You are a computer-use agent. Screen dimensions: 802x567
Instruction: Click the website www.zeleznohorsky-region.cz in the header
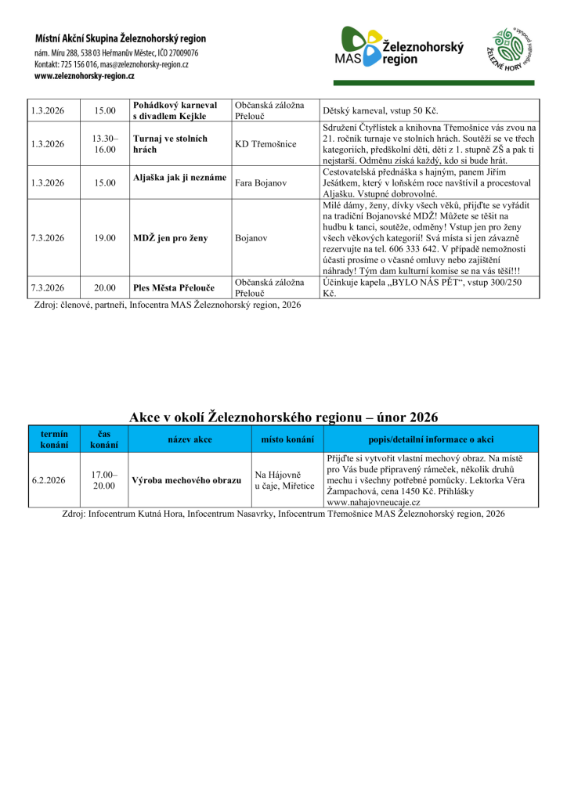(85, 76)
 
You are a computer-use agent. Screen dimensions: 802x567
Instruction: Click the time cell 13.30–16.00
(105, 144)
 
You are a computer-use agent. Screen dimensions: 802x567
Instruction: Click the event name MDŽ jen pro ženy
(171, 238)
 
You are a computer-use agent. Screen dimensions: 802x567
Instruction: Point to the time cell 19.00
(105, 238)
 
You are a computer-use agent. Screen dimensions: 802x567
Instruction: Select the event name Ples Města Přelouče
(174, 287)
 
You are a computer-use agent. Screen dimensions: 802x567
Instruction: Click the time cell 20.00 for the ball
(105, 287)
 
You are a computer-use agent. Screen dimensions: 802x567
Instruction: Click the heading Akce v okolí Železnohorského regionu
(283, 417)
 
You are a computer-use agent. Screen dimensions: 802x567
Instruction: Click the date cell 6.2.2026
(48, 480)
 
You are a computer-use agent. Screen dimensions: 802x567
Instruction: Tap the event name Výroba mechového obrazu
(186, 480)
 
